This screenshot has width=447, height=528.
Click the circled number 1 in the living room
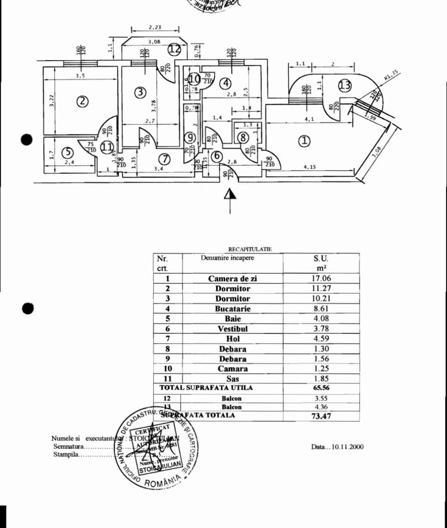(305, 141)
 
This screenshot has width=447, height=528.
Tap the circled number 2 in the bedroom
(82, 101)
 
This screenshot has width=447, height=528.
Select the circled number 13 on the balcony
(345, 85)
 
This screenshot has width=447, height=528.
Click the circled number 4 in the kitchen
(225, 83)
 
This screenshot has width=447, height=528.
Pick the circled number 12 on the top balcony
(175, 49)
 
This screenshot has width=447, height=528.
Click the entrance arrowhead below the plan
(230, 194)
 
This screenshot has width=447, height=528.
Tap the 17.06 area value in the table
(321, 279)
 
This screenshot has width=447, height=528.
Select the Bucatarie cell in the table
(233, 308)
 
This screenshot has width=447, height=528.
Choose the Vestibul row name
(233, 329)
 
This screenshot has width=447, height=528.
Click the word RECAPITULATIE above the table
(250, 249)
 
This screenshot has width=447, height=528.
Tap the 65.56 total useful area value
(321, 388)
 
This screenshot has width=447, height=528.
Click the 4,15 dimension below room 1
(309, 167)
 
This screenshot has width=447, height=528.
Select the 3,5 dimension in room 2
(80, 76)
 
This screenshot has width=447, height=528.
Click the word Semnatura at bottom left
(69, 446)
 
